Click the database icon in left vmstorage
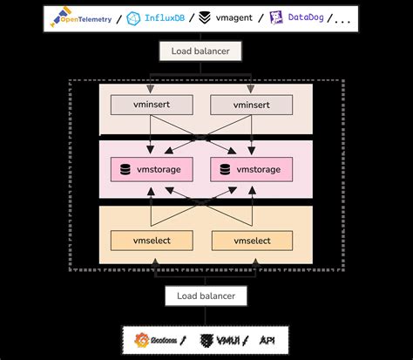127,169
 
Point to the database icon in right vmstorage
228,169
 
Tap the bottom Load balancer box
206,296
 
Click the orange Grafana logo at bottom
143,340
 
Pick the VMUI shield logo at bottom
207,340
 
